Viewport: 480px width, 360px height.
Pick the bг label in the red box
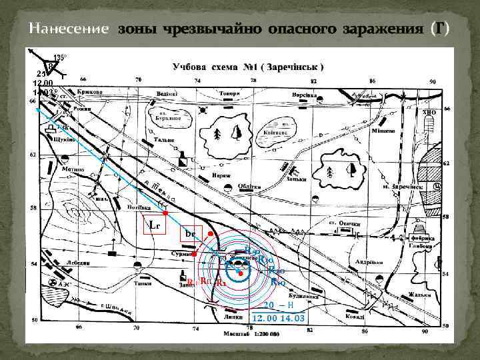(x=190, y=235)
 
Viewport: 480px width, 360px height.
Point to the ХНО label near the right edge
(x=429, y=113)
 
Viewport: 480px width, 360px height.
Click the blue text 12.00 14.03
(x=279, y=318)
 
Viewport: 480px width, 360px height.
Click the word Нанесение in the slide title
(x=69, y=29)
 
